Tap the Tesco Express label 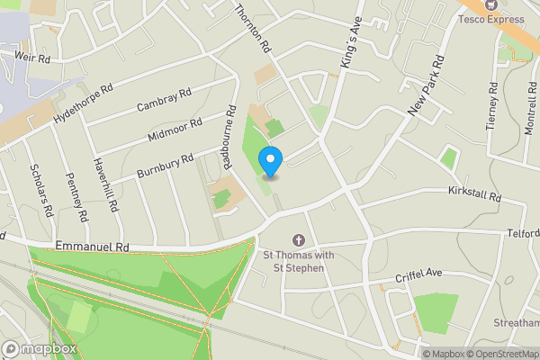pos(491,18)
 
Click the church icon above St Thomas pos(298,239)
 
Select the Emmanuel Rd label pos(92,246)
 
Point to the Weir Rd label pos(31,56)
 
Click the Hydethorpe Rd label pos(84,104)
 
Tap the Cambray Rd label pos(165,100)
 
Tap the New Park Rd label pos(427,86)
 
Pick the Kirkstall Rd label pos(473,192)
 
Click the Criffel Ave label pos(420,272)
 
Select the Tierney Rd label pos(492,107)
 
